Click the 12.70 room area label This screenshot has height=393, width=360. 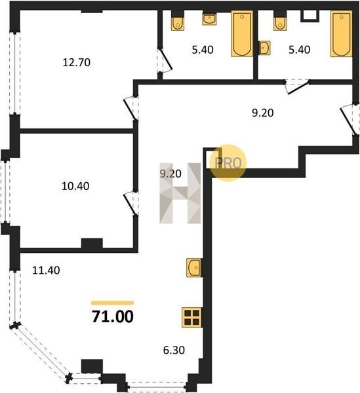76,62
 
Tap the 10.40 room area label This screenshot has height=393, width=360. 75,186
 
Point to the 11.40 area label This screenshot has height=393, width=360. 46,271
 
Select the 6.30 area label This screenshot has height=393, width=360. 174,350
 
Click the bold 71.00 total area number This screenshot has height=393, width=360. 113,316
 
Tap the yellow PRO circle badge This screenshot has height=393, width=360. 228,162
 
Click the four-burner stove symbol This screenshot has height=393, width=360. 192,317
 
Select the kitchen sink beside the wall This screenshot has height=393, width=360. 194,268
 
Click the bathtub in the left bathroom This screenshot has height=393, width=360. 242,33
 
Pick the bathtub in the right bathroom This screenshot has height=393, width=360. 341,33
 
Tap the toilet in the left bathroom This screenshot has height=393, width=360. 178,24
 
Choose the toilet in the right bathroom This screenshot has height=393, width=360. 280,24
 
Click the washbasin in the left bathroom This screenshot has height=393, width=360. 209,20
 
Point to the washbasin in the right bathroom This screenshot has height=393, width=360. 265,48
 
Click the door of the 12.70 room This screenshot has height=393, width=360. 131,109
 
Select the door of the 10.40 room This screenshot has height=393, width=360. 131,203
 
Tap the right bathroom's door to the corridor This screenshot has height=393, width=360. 297,86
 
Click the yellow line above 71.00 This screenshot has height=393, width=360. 113,303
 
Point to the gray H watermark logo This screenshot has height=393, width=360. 180,193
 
